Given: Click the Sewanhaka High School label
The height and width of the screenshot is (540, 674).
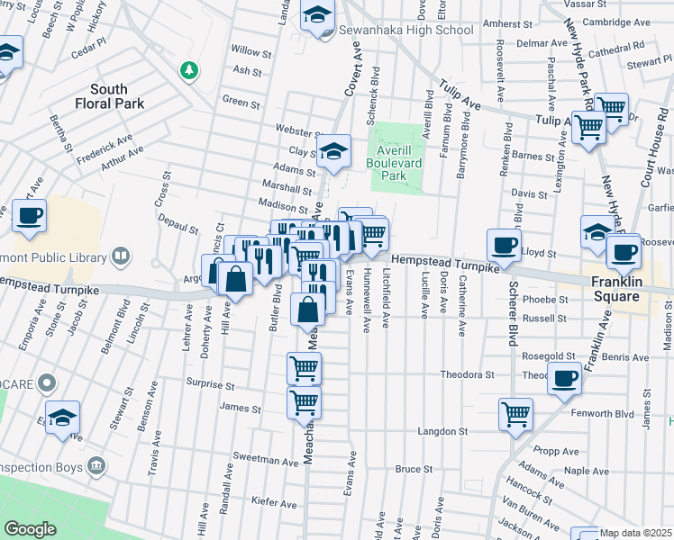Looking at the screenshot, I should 405,30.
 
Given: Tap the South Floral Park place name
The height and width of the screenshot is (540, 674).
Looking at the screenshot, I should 121,96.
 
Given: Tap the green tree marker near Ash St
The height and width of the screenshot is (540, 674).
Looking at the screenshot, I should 188,70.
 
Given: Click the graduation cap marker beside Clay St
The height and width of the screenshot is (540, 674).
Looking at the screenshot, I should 333,151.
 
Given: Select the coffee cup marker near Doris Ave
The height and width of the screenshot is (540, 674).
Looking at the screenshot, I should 504,244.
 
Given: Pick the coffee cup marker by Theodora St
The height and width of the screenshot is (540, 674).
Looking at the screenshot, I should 564,377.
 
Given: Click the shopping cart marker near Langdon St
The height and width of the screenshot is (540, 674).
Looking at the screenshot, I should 516,414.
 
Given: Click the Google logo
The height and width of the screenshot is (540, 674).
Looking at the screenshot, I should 30,529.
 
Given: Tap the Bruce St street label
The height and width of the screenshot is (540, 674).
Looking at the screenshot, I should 414,469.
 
